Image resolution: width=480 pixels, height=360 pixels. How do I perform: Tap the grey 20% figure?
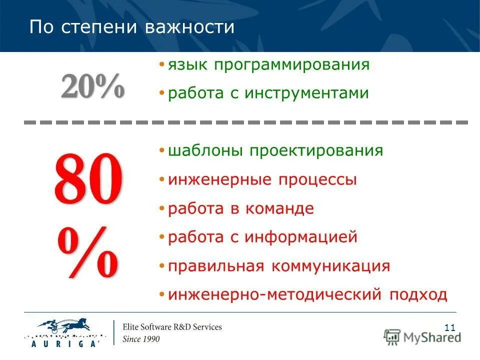92,86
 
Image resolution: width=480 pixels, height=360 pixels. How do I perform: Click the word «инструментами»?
306,93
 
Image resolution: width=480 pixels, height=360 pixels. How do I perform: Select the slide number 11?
449,328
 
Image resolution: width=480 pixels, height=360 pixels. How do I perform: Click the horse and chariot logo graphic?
65,325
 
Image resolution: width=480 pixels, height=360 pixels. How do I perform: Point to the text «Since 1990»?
141,339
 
